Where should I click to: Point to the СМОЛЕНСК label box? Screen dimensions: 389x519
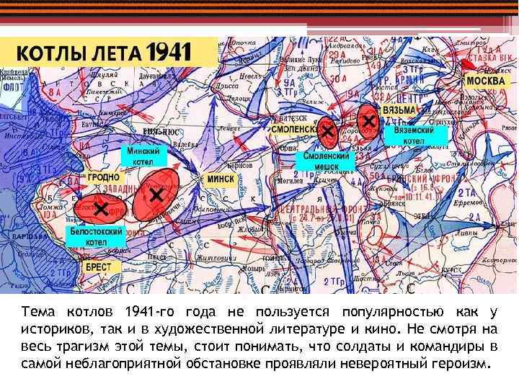(x=295, y=128)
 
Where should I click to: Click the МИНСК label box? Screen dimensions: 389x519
(x=221, y=178)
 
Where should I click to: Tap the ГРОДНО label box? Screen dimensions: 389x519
(x=105, y=176)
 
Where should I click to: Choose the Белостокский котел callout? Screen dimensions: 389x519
(x=97, y=237)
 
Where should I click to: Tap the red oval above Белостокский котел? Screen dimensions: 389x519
(x=101, y=208)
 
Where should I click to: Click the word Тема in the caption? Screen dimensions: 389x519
(x=37, y=311)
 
